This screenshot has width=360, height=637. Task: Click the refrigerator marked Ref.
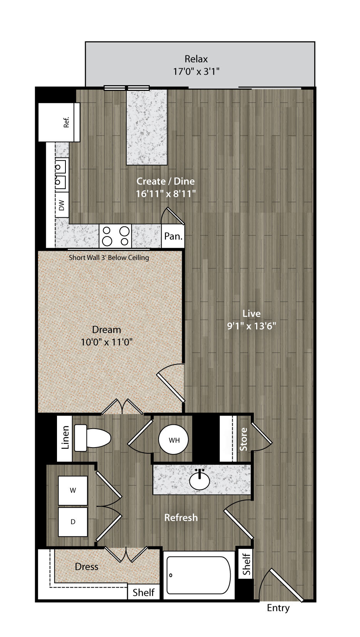[x=59, y=122]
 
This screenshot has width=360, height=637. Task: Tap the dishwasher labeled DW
[x=62, y=205]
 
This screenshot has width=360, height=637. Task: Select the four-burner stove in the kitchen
[x=116, y=236]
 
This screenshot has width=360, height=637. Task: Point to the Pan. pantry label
[x=173, y=236]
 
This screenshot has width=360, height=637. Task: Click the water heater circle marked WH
[x=173, y=440]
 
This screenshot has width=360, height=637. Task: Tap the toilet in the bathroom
[x=92, y=438]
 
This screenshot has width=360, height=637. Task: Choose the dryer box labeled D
[x=73, y=522]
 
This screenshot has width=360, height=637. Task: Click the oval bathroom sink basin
[x=199, y=481]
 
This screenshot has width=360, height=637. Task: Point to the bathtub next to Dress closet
[x=199, y=575]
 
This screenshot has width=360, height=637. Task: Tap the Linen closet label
[x=65, y=437]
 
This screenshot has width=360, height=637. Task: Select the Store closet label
[x=243, y=439]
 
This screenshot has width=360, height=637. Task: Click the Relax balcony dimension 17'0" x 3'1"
[x=196, y=71]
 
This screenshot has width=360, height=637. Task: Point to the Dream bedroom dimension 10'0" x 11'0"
[x=107, y=342]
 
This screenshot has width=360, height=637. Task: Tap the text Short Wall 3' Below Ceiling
[x=109, y=258]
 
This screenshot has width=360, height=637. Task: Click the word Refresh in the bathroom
[x=181, y=517]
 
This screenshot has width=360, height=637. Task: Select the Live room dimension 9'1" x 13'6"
[x=252, y=325]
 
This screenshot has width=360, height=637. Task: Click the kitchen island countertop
[x=147, y=127]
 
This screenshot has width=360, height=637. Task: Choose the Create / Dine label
[x=166, y=181]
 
